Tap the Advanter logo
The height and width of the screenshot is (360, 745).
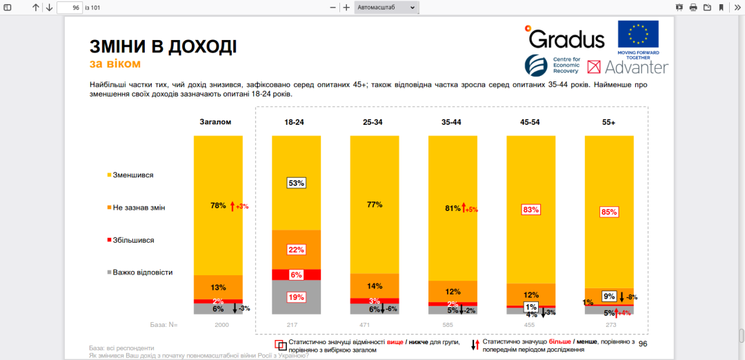(x=628, y=67)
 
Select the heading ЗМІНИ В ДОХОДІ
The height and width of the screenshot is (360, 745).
(x=163, y=47)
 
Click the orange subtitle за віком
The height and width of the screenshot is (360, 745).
(x=115, y=64)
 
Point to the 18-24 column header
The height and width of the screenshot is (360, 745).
(x=295, y=122)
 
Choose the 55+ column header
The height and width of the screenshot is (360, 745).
(x=608, y=122)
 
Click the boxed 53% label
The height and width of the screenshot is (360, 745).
(x=295, y=183)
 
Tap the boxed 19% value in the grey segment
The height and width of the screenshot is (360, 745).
(x=295, y=297)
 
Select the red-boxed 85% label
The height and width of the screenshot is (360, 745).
(x=608, y=212)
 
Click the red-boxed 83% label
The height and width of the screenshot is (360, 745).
(x=530, y=210)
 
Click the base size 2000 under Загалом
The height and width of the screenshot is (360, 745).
(x=221, y=324)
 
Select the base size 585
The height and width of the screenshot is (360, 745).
(x=453, y=324)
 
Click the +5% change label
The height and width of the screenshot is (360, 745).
(x=471, y=209)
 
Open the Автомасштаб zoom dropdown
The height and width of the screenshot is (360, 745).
(x=386, y=8)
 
